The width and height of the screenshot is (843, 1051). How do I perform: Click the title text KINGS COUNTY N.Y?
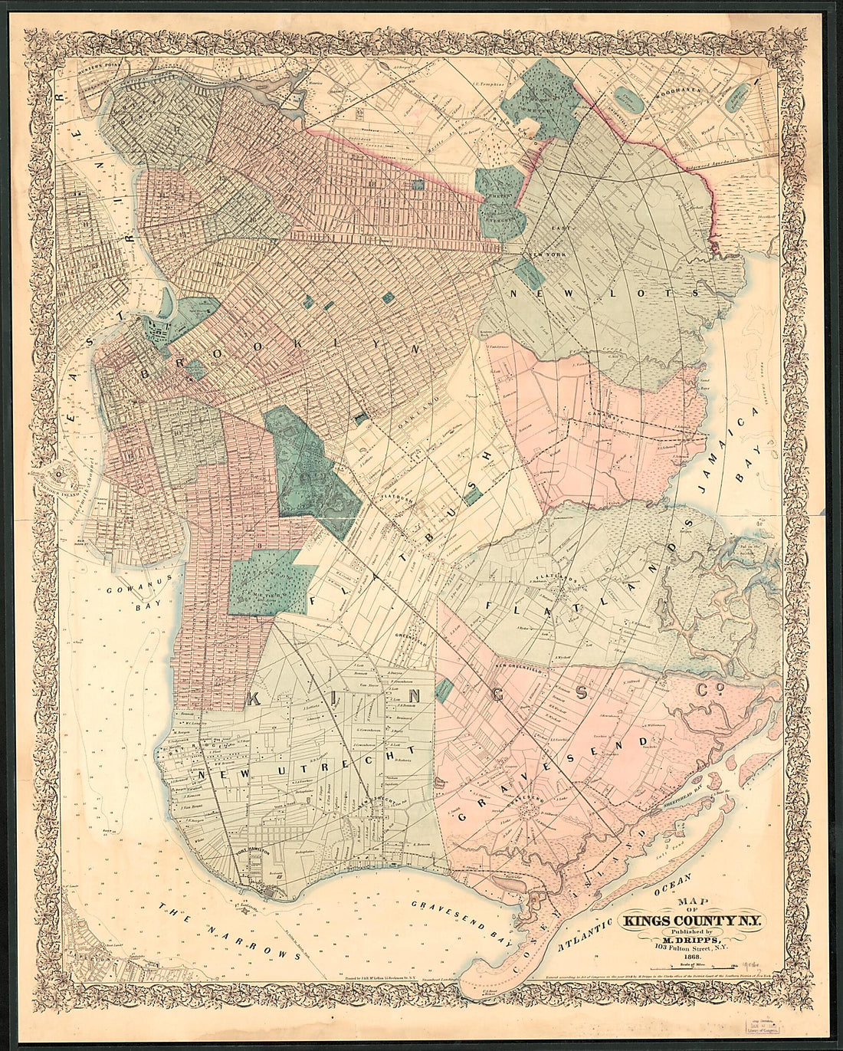[x=691, y=921]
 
